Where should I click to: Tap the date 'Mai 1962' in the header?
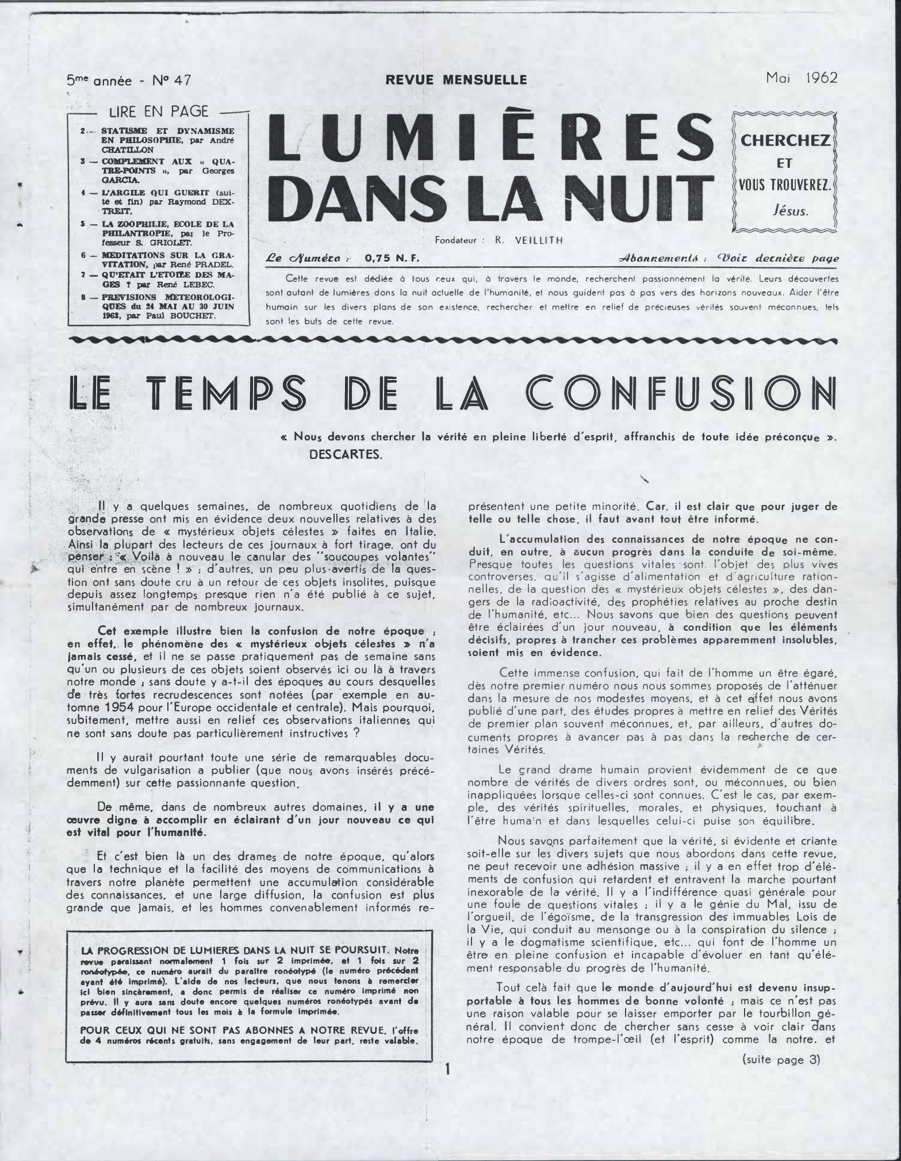802,78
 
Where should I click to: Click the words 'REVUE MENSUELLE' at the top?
456,80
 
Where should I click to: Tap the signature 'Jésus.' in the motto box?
791,211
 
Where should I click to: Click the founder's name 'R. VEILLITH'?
527,241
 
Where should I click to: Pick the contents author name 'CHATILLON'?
129,150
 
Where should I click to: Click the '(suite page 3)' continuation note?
781,1060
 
